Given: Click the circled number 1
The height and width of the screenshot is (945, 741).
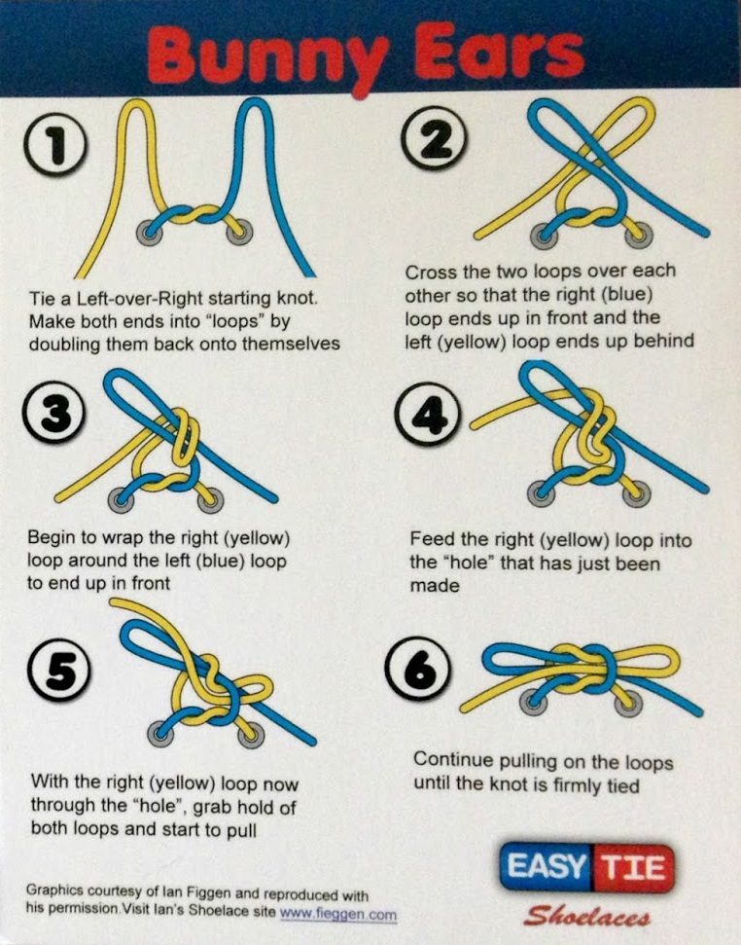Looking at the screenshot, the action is click(x=56, y=145).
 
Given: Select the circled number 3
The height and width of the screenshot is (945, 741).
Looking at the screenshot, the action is click(x=54, y=413).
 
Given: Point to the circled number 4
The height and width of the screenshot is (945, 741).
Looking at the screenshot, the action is click(x=428, y=414).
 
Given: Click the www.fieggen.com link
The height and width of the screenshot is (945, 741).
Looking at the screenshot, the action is click(x=338, y=914).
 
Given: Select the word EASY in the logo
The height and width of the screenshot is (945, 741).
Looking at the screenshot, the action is click(x=546, y=866).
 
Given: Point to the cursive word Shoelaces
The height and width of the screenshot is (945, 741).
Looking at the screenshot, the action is click(x=586, y=916).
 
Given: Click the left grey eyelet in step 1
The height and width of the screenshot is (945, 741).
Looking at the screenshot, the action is click(x=149, y=232).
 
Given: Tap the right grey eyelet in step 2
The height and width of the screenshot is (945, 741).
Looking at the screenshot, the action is click(x=639, y=236).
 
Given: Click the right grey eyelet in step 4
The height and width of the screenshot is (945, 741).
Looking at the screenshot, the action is click(x=636, y=494).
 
